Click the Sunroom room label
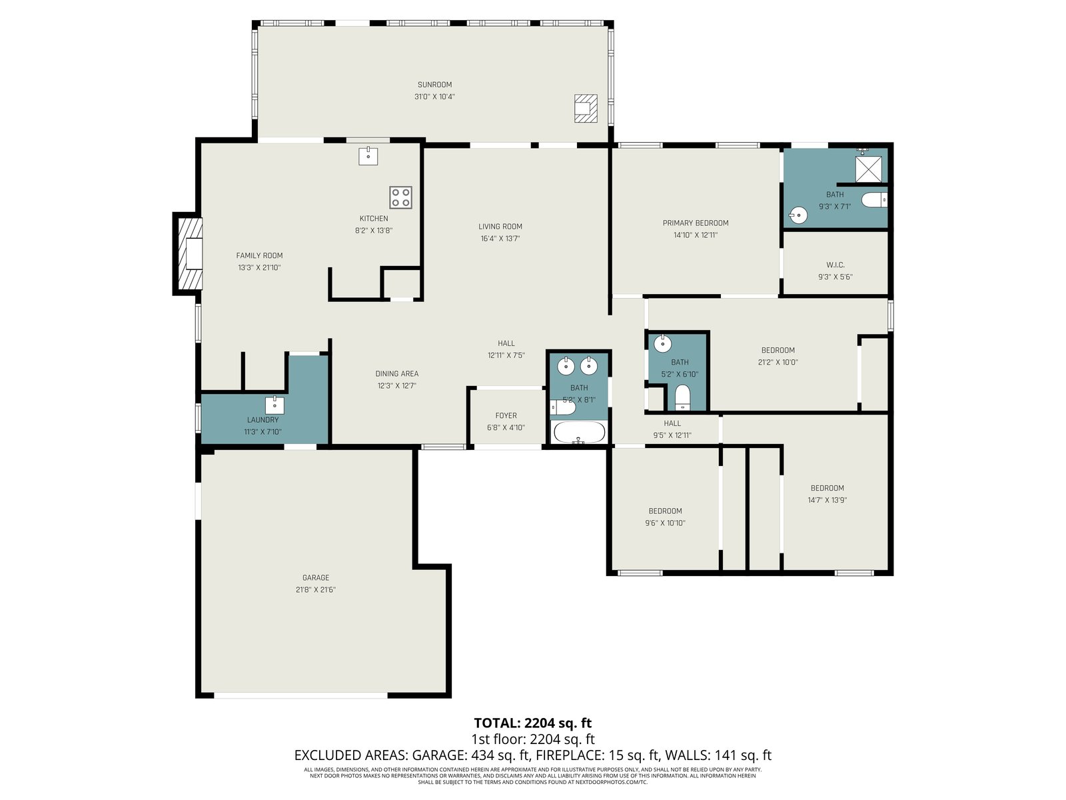(434, 85)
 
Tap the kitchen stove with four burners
(400, 198)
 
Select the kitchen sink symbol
(368, 156)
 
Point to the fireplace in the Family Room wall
(189, 254)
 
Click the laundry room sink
(274, 405)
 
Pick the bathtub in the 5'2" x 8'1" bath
(579, 432)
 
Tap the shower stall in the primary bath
(868, 169)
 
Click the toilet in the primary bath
(874, 200)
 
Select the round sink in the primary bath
(798, 215)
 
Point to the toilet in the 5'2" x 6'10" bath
(682, 397)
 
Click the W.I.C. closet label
(835, 265)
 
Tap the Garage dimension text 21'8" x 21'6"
(316, 590)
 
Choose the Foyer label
(506, 416)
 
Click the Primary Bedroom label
(696, 223)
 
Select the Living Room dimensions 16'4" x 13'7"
(500, 239)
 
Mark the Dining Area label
(397, 373)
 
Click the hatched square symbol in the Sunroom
(586, 108)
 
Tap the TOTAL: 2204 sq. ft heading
(533, 723)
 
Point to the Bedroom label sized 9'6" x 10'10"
(666, 511)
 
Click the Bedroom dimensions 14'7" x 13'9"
(827, 500)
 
